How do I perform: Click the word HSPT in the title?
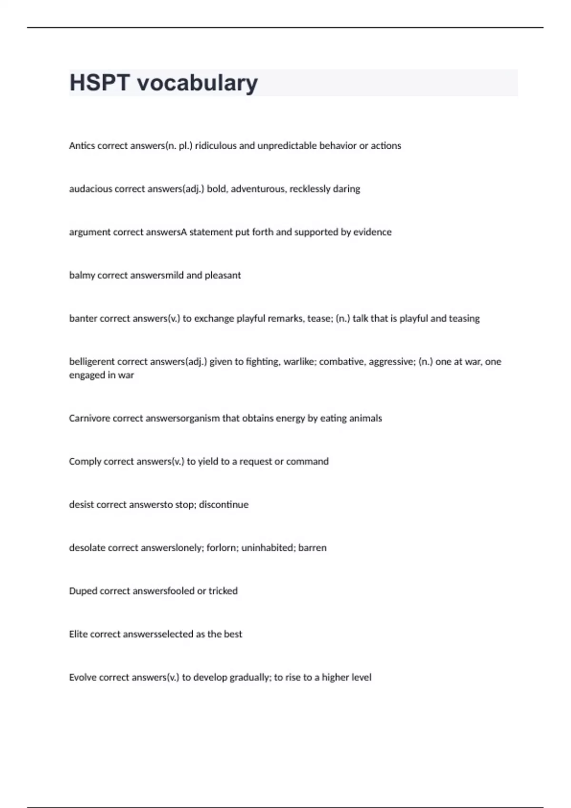tap(99, 83)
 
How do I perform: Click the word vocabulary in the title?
tap(197, 84)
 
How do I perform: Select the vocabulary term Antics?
tap(82, 146)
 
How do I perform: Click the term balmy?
tap(82, 276)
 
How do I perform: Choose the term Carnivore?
tap(89, 418)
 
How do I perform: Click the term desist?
tap(81, 505)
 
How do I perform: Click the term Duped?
tap(83, 591)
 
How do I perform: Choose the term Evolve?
tap(82, 677)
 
